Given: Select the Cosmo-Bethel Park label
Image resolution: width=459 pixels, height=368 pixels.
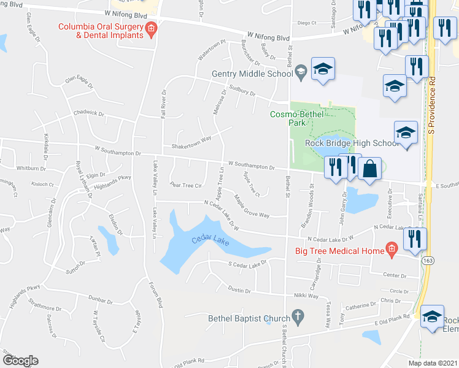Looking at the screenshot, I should click(x=288, y=118).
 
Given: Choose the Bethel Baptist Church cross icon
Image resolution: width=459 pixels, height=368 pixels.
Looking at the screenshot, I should click(x=298, y=318).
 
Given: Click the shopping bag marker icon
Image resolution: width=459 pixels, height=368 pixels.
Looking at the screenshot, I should click(x=370, y=170).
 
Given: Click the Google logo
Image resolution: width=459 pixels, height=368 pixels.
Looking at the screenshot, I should click(x=20, y=361).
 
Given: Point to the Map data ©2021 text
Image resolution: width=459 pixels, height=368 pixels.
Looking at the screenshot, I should click(x=433, y=363).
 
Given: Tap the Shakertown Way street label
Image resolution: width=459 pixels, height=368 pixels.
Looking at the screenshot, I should click(x=191, y=140).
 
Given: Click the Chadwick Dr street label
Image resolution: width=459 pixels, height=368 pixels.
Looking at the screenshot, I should click(x=89, y=113).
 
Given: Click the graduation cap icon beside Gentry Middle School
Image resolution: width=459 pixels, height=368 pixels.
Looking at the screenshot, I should click(x=322, y=70).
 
